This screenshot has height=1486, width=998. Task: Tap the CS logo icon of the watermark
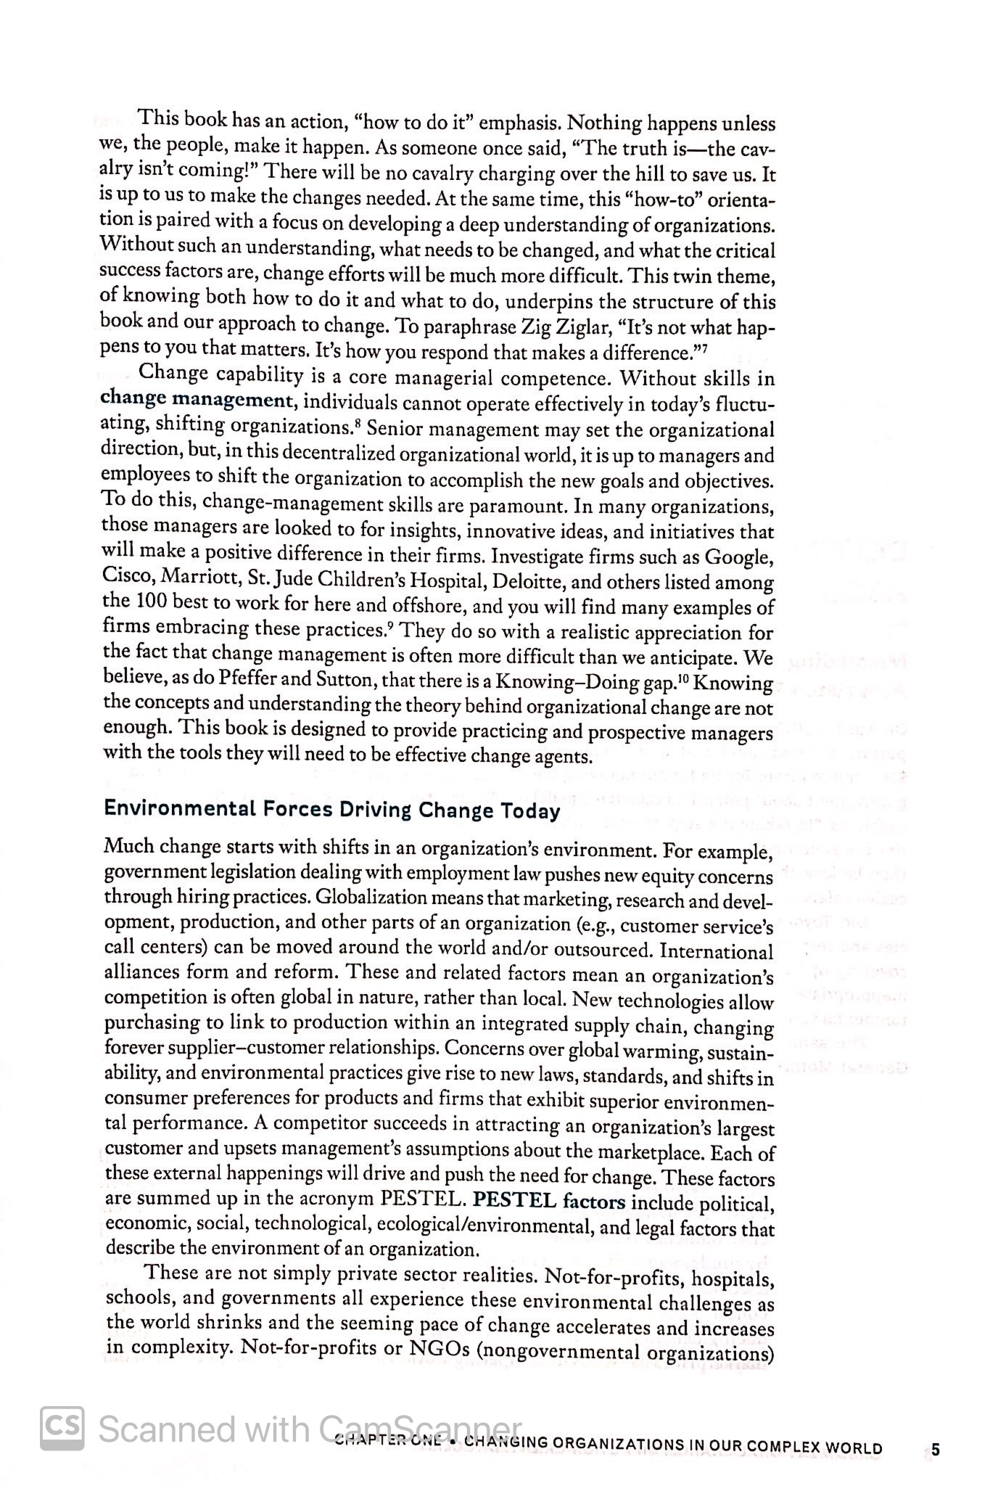[61, 1429]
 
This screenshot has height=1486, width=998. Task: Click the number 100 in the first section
[149, 603]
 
